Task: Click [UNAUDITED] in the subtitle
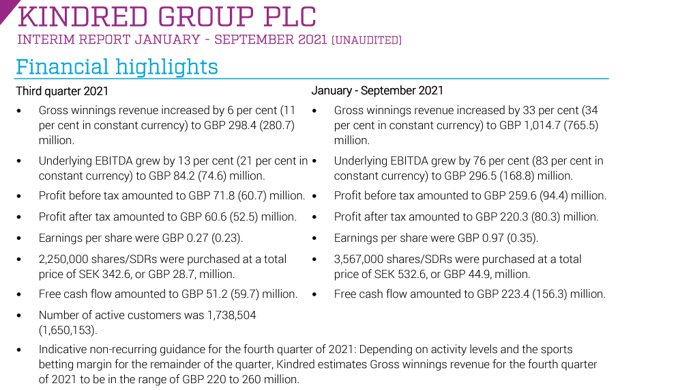[x=366, y=40]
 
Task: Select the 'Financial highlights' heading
[x=117, y=67]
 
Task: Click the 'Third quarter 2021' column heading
[x=62, y=91]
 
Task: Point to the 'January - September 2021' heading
[x=377, y=90]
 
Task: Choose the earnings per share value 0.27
[x=196, y=238]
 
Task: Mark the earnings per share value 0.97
[x=492, y=238]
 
